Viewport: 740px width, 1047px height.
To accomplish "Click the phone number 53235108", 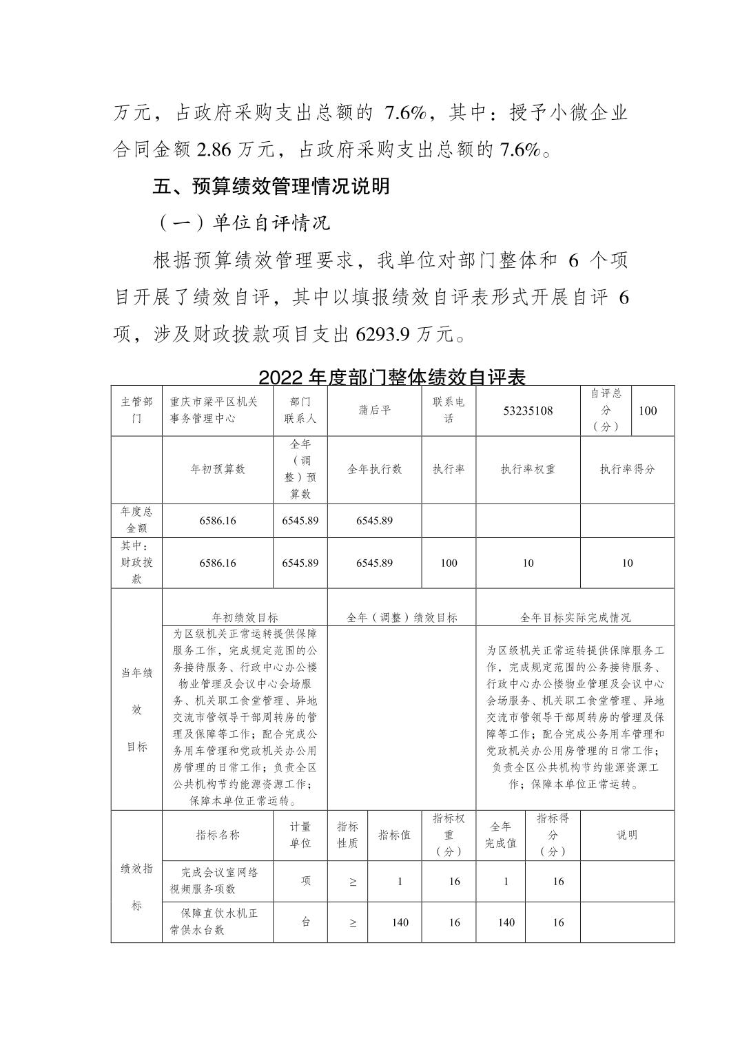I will coord(528,411).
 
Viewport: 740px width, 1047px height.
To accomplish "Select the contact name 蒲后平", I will coord(374,411).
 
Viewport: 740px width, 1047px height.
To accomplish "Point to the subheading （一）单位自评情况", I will coord(240,222).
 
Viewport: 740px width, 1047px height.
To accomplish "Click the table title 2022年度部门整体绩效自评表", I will coord(392,377).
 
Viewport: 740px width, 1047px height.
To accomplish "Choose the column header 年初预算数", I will coord(218,469).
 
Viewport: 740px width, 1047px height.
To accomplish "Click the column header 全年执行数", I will coord(374,469).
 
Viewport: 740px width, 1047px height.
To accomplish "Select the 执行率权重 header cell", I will coord(528,469).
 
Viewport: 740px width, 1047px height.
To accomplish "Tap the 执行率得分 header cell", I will coord(627,469).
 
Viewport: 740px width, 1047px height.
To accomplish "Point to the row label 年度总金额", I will coord(136,520).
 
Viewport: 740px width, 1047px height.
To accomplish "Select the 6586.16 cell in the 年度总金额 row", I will coord(218,521).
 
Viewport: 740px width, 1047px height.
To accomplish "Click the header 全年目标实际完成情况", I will coord(575,617).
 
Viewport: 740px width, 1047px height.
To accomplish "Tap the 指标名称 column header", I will coord(218,835).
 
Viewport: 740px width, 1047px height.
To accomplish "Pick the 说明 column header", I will coord(627,835).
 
